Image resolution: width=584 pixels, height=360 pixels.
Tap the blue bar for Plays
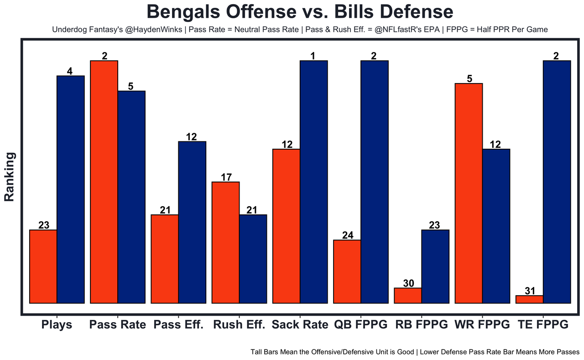[71, 189]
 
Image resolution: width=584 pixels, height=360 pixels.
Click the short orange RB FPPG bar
[408, 295]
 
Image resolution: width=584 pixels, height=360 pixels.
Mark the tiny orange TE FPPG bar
[529, 299]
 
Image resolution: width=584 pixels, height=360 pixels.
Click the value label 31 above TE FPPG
[530, 291]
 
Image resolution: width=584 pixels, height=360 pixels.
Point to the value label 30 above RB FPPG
[408, 283]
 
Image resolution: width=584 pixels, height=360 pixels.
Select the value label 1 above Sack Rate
[313, 56]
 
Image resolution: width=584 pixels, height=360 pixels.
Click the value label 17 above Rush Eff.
[226, 177]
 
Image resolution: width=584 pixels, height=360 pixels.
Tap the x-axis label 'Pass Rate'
[118, 325]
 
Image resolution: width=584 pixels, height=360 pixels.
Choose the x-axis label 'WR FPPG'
[482, 325]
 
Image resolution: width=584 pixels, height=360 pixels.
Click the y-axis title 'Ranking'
[10, 177]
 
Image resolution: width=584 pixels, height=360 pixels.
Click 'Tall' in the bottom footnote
[257, 352]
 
